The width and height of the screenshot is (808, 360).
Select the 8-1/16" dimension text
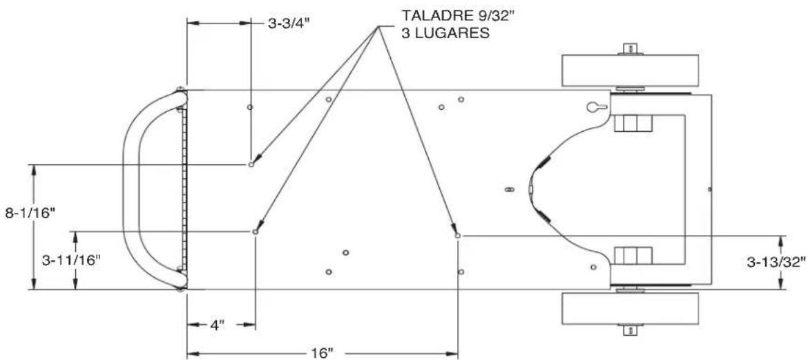point(30,214)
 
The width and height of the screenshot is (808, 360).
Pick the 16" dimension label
point(322,353)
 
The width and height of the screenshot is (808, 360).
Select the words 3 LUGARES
point(445,34)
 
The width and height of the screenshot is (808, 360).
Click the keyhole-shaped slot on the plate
point(597,107)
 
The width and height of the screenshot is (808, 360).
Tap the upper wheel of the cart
point(631,70)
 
